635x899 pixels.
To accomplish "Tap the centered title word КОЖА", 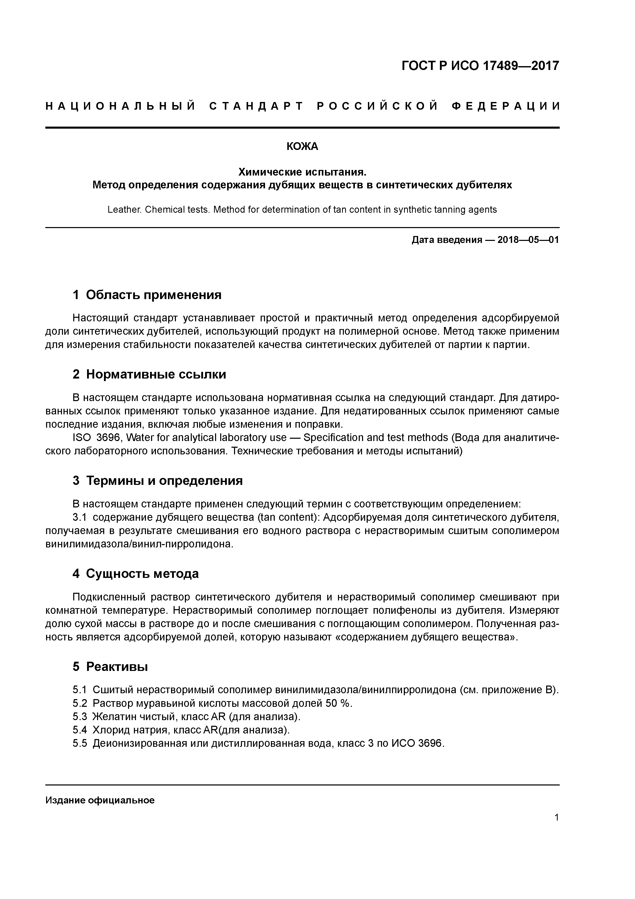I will click(x=302, y=146).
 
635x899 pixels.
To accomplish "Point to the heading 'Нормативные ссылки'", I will click(x=156, y=374).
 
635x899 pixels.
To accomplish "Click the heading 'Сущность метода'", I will click(x=142, y=574).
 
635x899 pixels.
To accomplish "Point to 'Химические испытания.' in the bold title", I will click(x=302, y=172).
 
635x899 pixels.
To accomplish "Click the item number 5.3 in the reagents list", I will click(x=80, y=717).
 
